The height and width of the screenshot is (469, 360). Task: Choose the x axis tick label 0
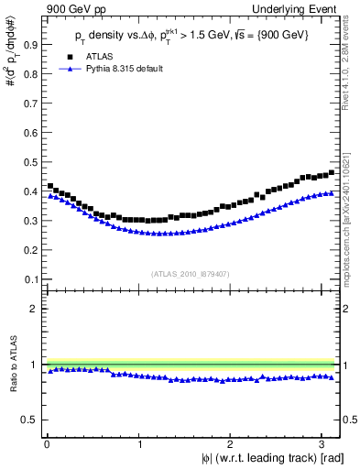(47, 445)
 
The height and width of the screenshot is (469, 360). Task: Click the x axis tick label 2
(235, 445)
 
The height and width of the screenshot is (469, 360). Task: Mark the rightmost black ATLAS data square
(331, 172)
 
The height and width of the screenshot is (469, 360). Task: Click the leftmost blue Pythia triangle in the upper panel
(49, 196)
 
